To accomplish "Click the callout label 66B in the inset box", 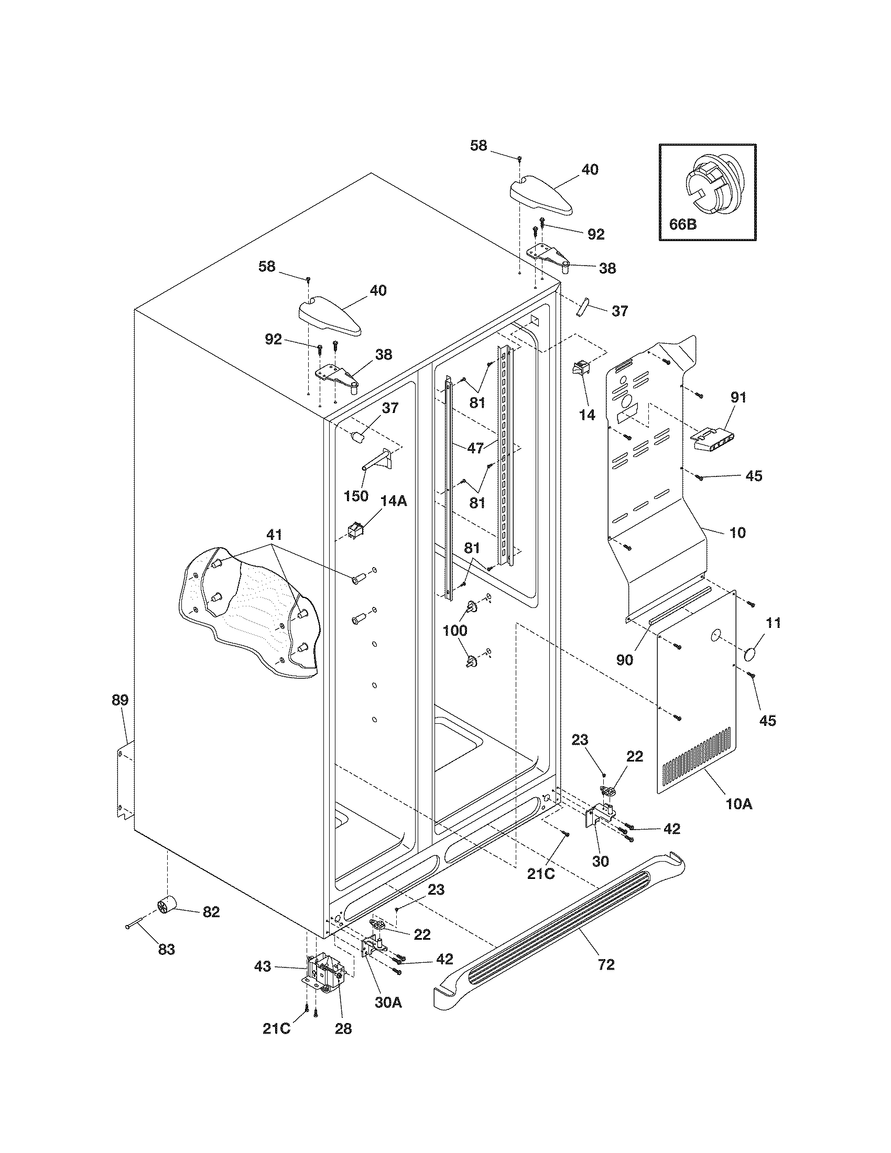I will (682, 224).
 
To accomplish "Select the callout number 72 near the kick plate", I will (606, 965).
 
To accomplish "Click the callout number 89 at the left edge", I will (120, 700).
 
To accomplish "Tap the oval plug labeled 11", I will (750, 656).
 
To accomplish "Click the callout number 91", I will (738, 397).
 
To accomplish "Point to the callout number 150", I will (356, 496).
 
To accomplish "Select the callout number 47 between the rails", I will (475, 448).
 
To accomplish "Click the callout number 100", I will (455, 630).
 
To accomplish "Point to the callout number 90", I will (624, 659).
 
